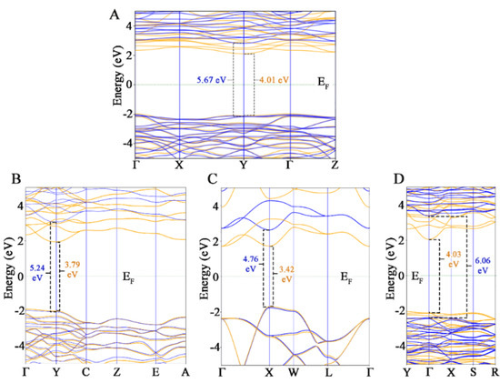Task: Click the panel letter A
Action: click(x=114, y=14)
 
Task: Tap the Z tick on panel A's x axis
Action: click(x=335, y=167)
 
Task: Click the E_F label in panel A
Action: click(x=323, y=83)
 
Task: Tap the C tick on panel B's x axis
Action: click(x=86, y=372)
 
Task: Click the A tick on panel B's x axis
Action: click(x=185, y=372)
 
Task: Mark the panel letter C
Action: click(x=211, y=179)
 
